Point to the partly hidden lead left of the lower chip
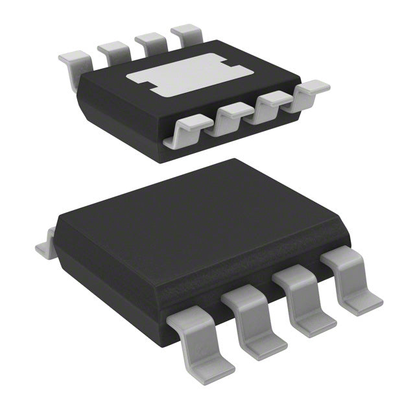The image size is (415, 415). (44, 244)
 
